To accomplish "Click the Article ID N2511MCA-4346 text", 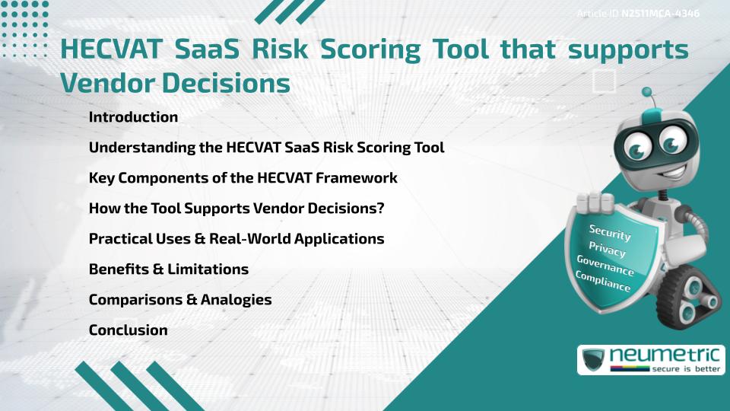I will pyautogui.click(x=638, y=14).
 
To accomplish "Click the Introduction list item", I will pyautogui.click(x=133, y=117).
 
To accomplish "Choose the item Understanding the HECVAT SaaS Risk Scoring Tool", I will pyautogui.click(x=266, y=148).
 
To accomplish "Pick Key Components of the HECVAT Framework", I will pyautogui.click(x=243, y=178).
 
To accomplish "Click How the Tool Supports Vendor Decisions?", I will pyautogui.click(x=250, y=209).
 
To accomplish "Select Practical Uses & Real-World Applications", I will pyautogui.click(x=236, y=239).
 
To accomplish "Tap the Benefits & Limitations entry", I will pyautogui.click(x=168, y=269).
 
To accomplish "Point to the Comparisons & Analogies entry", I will pyautogui.click(x=180, y=300).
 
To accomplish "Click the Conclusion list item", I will pyautogui.click(x=128, y=330).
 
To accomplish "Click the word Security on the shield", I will pyautogui.click(x=610, y=232).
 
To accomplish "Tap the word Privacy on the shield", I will pyautogui.click(x=607, y=249).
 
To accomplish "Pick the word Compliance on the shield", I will pyautogui.click(x=603, y=282).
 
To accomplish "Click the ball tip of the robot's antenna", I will pyautogui.click(x=648, y=93).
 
